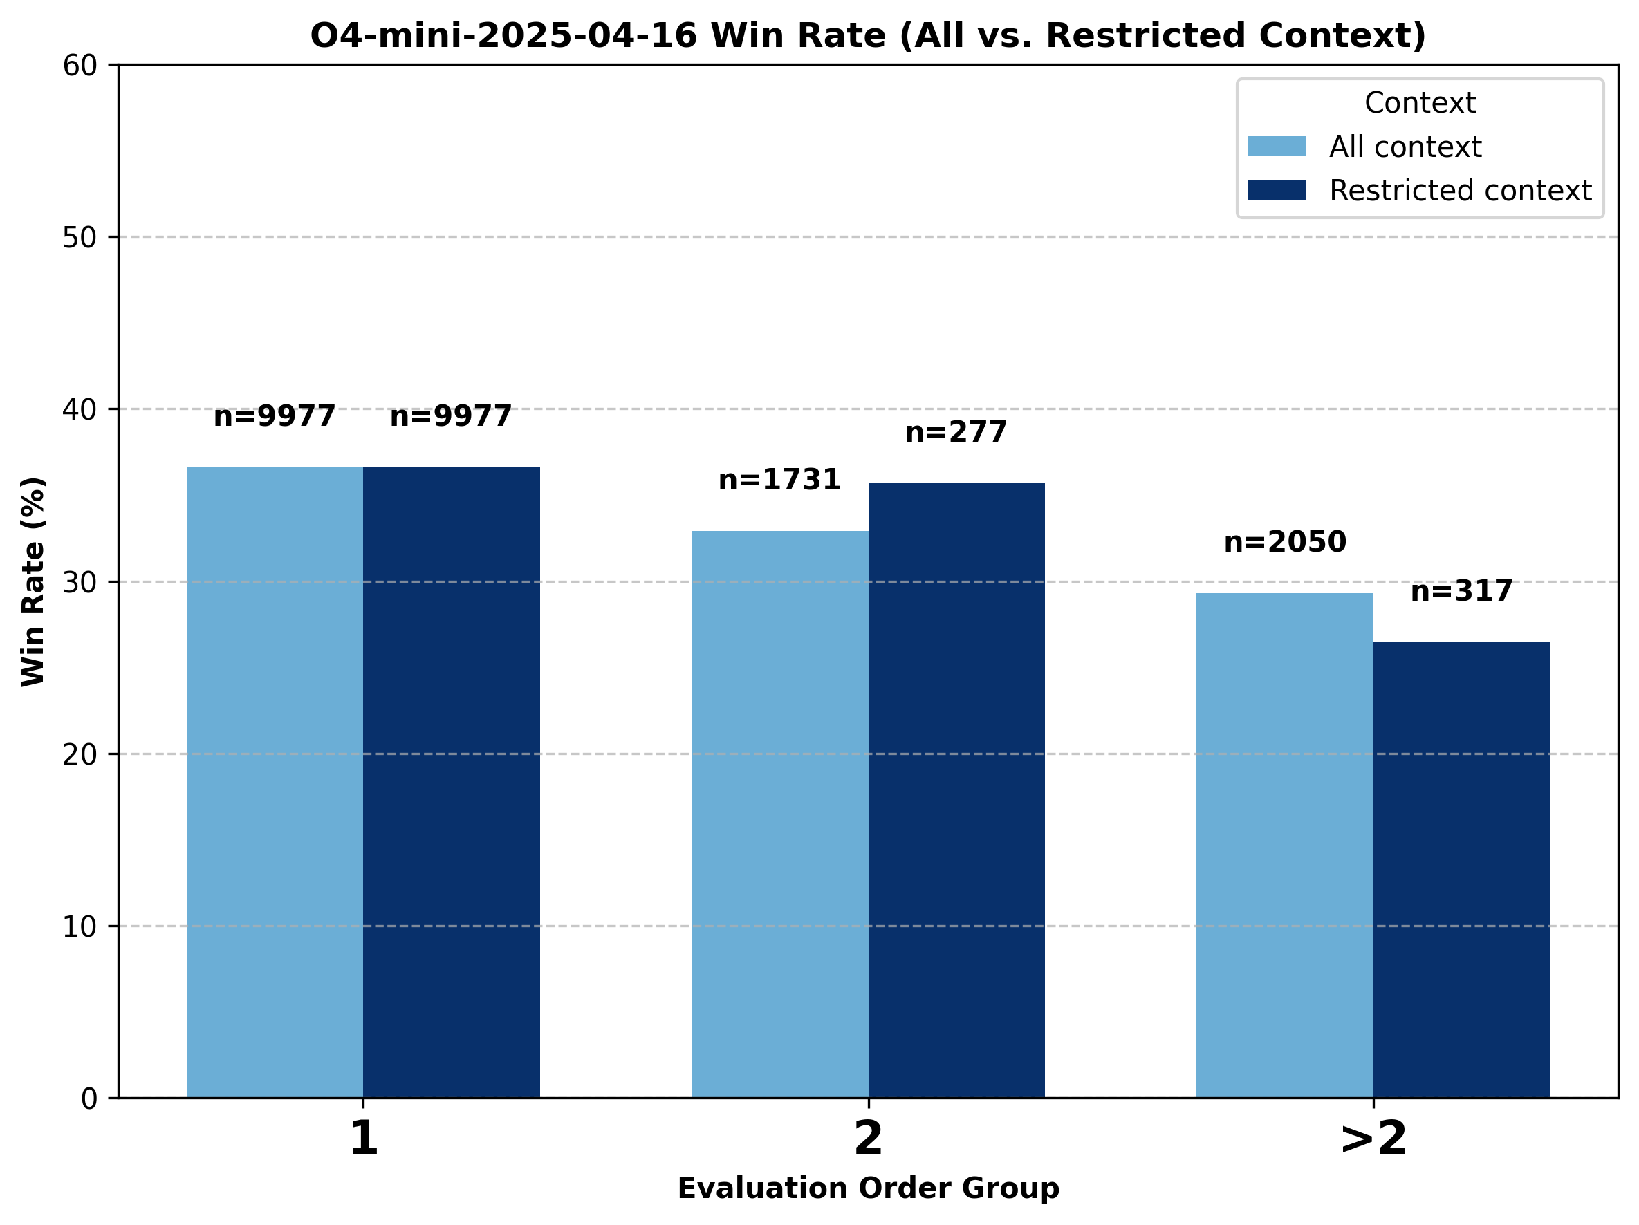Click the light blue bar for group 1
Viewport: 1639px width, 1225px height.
(x=275, y=781)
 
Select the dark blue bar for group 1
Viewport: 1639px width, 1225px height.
(x=451, y=781)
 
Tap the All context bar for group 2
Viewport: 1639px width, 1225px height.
(x=779, y=814)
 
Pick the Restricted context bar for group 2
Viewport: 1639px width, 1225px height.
(x=956, y=789)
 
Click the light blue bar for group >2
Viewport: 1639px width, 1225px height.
(x=1284, y=845)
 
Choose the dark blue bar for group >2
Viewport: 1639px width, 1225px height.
(x=1461, y=869)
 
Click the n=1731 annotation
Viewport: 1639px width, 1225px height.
(x=779, y=480)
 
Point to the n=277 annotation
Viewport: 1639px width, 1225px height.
(x=956, y=432)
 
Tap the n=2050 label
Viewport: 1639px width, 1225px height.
(x=1285, y=542)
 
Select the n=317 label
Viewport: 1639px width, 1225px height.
(x=1461, y=591)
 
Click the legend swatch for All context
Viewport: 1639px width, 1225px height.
(x=1277, y=147)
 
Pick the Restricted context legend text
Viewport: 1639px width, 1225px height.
(x=1460, y=190)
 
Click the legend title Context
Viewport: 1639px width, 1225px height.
(x=1420, y=103)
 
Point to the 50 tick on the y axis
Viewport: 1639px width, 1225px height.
(x=80, y=238)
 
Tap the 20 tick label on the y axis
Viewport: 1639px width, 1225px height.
(x=80, y=755)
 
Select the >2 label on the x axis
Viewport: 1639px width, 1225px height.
(x=1373, y=1139)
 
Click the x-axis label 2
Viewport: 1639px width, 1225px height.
(x=869, y=1139)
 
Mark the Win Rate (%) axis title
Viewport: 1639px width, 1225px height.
(x=33, y=581)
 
